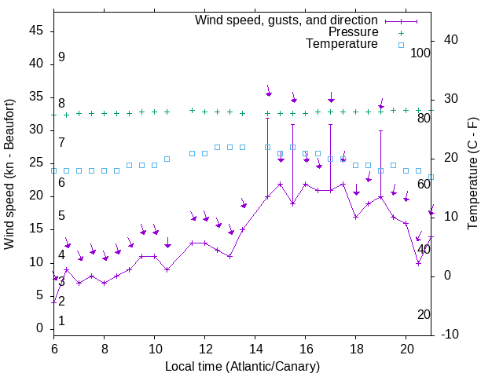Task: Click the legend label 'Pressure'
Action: click(x=353, y=32)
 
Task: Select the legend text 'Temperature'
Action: click(x=342, y=44)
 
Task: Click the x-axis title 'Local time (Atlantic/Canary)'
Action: click(x=242, y=367)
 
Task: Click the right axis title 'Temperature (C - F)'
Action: click(x=472, y=174)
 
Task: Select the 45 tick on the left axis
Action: click(x=36, y=31)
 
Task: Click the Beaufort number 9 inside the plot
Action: click(x=61, y=57)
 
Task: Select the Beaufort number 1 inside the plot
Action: click(x=61, y=321)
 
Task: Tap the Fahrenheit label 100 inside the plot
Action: click(x=420, y=53)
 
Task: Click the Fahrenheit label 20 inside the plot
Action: click(x=424, y=315)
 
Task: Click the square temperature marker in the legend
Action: click(x=401, y=45)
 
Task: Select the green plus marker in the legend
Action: click(x=401, y=33)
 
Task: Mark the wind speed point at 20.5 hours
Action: click(x=418, y=263)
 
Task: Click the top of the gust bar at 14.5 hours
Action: click(x=267, y=118)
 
